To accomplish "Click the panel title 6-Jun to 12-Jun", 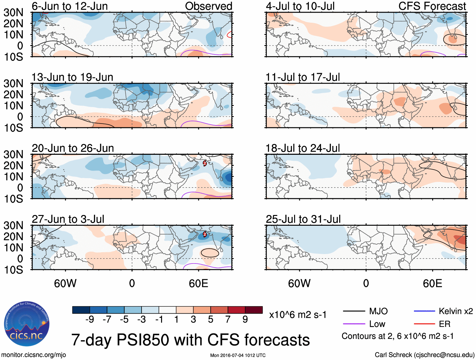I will coord(70,6).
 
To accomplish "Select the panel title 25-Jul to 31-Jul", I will coord(303,219).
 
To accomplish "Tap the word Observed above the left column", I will coord(208,6).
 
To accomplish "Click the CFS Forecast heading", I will coord(432,6).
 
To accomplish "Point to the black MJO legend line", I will coord(354,311).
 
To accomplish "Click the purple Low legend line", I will coord(354,324).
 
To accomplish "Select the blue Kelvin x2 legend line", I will coord(424,311).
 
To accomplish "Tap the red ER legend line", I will coord(424,324).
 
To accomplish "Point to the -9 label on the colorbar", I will coord(90,320).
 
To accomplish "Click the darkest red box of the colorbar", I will coord(254,310).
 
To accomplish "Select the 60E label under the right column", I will coord(432,283).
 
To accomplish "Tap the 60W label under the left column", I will coord(65,283).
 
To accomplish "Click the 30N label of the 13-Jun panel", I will coord(13,84).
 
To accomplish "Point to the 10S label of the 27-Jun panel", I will coord(13,270).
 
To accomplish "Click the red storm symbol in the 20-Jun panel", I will coord(205,163).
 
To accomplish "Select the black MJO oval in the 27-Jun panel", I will coord(210,253).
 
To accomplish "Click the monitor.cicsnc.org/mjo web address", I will coord(34,355).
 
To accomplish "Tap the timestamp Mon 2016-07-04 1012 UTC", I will coord(238,355).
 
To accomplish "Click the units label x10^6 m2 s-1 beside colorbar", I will coord(298,315).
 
